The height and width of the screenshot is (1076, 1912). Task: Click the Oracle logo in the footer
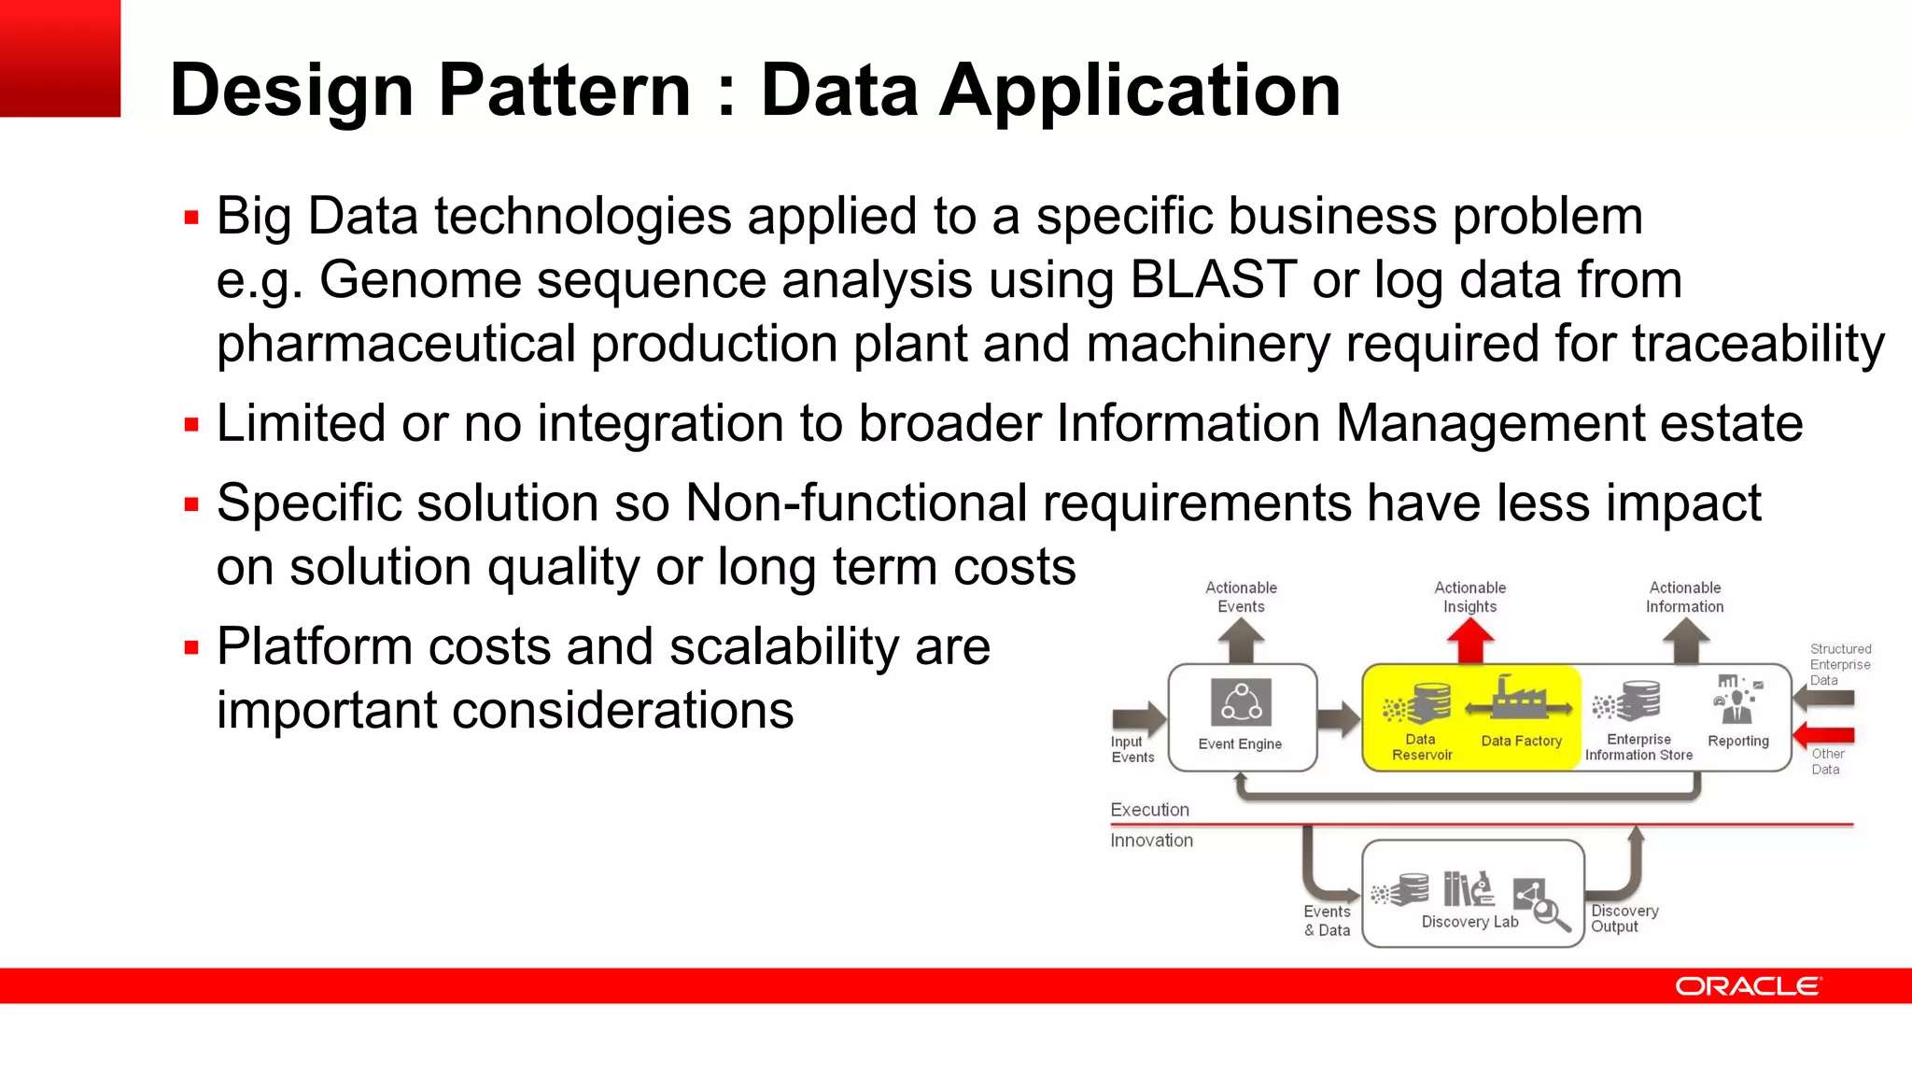tap(1747, 986)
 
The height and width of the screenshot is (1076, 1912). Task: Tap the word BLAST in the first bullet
tap(1212, 280)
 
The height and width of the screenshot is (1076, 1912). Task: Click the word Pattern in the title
tap(565, 91)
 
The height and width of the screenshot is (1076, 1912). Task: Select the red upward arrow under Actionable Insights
tap(1469, 642)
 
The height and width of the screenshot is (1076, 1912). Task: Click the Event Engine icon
tap(1241, 702)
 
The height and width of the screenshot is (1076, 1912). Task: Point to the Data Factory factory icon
tap(1520, 700)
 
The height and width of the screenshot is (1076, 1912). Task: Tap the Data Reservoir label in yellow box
tap(1422, 747)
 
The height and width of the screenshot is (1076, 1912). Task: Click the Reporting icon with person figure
tap(1736, 701)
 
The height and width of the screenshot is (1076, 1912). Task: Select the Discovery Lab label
tap(1469, 922)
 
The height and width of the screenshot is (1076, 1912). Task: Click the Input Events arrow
tap(1139, 717)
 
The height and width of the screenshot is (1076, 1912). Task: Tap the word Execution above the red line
tap(1149, 810)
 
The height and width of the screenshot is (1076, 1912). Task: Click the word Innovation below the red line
tap(1151, 841)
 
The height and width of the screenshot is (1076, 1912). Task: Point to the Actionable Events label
tap(1241, 597)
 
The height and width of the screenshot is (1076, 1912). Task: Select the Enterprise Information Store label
tap(1638, 747)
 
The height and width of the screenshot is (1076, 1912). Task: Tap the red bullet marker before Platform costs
tap(192, 647)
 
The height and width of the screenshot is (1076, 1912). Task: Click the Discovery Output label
tap(1624, 918)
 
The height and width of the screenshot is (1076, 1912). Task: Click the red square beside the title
tap(60, 58)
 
